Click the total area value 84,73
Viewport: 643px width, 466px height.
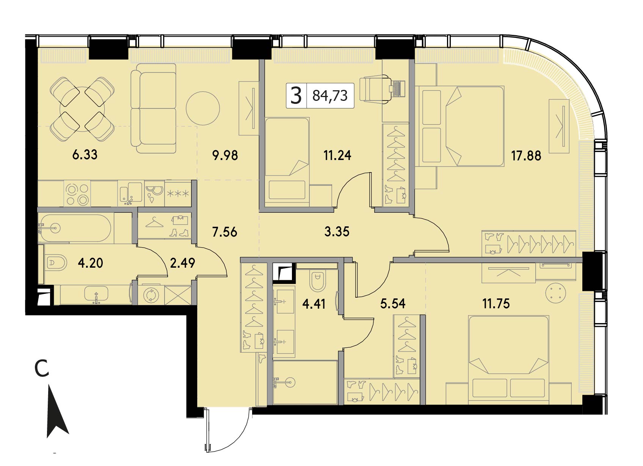pyautogui.click(x=330, y=96)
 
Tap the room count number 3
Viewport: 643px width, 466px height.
pyautogui.click(x=296, y=96)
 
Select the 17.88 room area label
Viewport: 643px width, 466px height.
pyautogui.click(x=526, y=156)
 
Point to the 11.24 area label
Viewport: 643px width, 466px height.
pyautogui.click(x=337, y=155)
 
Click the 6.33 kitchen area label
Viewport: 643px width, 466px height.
pyautogui.click(x=85, y=155)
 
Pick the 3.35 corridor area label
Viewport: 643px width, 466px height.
pyautogui.click(x=337, y=231)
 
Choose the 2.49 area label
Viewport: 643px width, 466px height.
pyautogui.click(x=183, y=263)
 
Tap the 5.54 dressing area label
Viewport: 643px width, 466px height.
pyautogui.click(x=393, y=303)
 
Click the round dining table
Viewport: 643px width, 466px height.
pyautogui.click(x=82, y=109)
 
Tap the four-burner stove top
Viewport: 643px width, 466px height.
pyautogui.click(x=77, y=194)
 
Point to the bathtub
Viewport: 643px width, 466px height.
pyautogui.click(x=75, y=228)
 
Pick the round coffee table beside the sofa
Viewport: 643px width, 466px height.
pyautogui.click(x=203, y=108)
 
